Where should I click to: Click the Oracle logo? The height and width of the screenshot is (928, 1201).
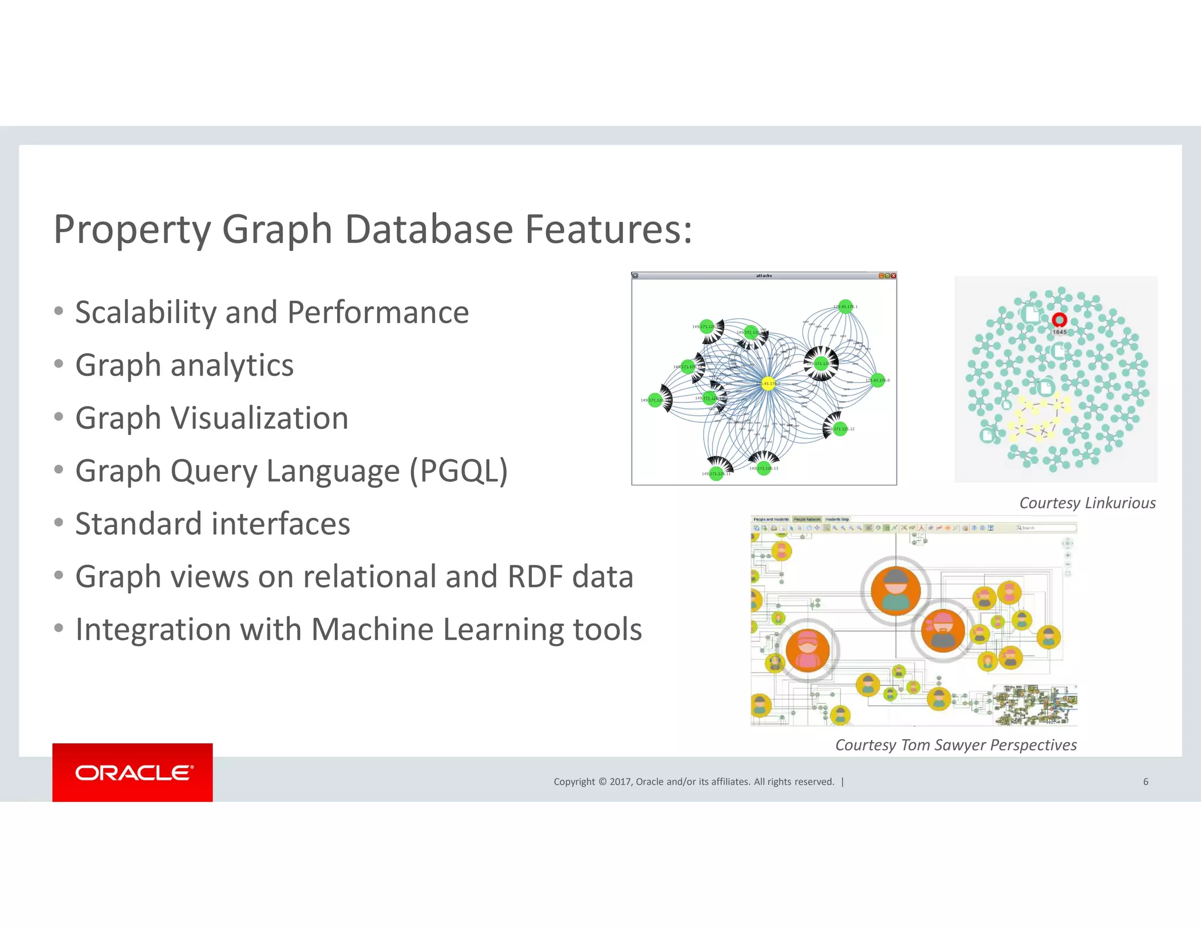click(133, 773)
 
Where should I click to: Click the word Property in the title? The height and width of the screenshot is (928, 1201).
click(132, 229)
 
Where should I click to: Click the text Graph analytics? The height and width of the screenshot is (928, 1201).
click(184, 365)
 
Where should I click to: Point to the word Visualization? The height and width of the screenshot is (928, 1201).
click(259, 418)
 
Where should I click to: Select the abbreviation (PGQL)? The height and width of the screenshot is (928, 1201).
click(458, 471)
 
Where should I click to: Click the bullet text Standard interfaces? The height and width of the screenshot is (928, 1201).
click(212, 524)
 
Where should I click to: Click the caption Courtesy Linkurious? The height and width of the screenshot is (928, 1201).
click(1087, 503)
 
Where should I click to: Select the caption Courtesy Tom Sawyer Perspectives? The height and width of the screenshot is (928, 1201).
click(955, 745)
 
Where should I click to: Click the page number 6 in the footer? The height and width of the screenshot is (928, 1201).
click(1145, 781)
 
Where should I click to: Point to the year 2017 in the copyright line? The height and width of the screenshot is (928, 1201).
click(620, 781)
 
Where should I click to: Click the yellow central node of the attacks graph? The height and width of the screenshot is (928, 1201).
click(768, 384)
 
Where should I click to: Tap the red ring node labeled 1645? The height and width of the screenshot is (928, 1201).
click(1059, 320)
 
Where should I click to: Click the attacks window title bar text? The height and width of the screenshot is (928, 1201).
click(764, 276)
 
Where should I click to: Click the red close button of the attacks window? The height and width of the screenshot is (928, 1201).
click(894, 276)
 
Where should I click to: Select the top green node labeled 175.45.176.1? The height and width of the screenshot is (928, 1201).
click(845, 306)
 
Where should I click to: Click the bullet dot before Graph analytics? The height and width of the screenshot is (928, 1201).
click(59, 364)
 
